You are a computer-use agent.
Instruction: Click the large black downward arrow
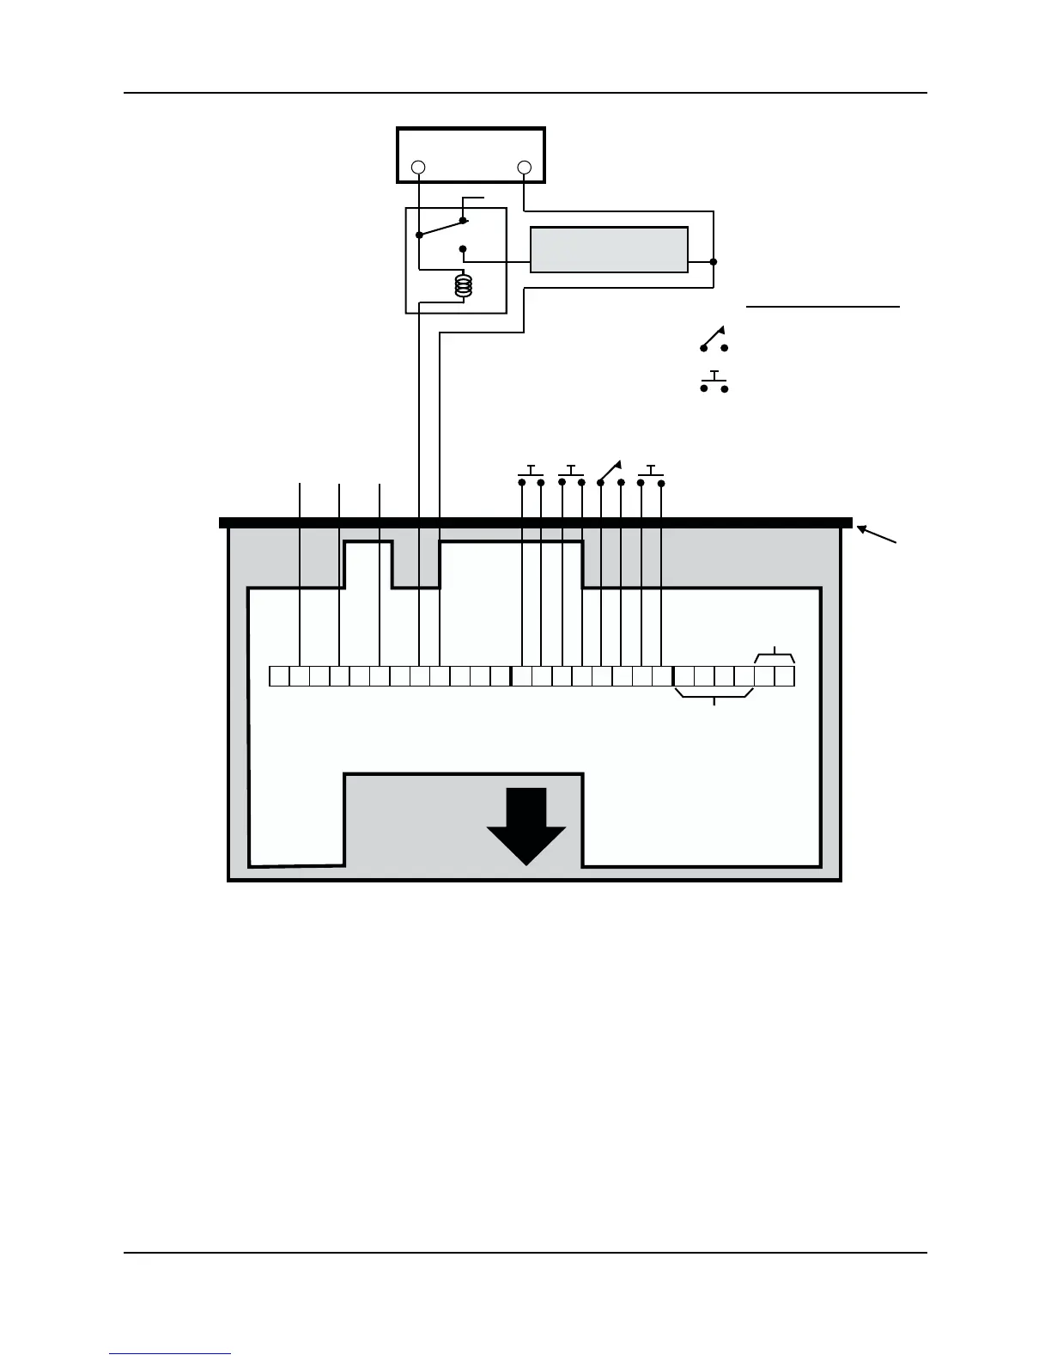[526, 825]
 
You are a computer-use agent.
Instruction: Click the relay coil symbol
[464, 285]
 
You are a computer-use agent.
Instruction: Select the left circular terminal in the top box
[418, 167]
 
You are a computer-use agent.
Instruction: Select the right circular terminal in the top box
[525, 167]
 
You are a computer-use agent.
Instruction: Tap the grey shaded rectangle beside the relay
[609, 249]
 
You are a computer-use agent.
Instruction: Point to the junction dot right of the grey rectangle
[714, 261]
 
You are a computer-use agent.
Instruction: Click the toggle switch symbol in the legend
[714, 340]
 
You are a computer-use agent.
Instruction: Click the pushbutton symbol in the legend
[714, 382]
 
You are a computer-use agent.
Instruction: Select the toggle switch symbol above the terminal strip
[611, 473]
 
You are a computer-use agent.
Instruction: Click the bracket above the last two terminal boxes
[775, 656]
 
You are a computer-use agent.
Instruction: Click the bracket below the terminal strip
[714, 695]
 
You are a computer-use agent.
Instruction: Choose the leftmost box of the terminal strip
[279, 676]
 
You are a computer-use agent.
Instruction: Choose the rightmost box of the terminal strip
[785, 676]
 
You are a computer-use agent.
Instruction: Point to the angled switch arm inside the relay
[440, 228]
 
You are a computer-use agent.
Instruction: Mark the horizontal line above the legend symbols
[823, 306]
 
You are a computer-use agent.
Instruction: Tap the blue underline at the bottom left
[170, 1353]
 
